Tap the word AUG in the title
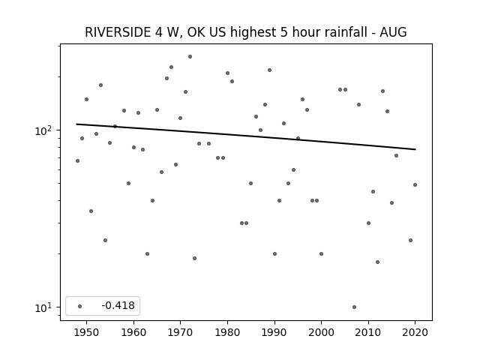click(393, 32)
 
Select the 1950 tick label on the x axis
click(87, 332)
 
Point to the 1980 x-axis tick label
click(227, 332)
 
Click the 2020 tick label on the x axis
click(415, 332)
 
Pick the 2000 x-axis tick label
click(321, 332)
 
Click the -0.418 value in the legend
click(118, 305)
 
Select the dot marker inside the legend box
click(80, 306)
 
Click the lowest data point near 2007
click(354, 307)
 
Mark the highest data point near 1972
click(190, 57)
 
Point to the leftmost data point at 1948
click(77, 160)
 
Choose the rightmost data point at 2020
click(415, 185)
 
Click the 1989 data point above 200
click(270, 70)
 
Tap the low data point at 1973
click(194, 258)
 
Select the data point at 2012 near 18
click(377, 262)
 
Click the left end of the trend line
click(76, 124)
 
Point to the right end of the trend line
click(415, 149)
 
